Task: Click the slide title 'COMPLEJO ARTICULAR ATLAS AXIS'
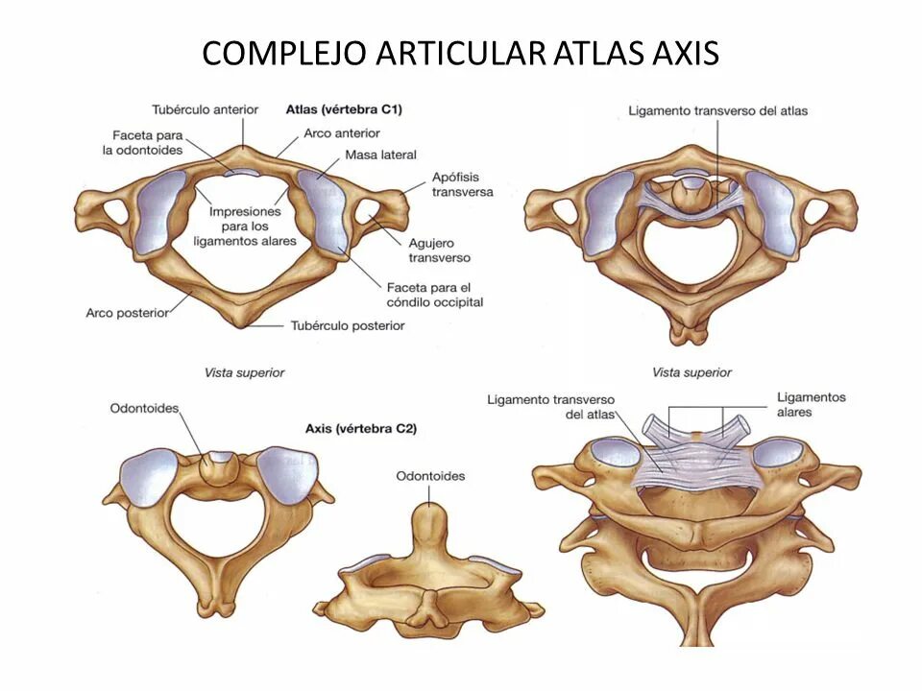click(x=460, y=53)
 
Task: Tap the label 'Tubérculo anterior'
click(x=205, y=109)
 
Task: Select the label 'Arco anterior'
click(x=341, y=133)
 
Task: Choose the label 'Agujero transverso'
click(x=439, y=251)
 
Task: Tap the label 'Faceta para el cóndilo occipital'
click(x=433, y=295)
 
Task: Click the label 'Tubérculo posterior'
click(x=347, y=325)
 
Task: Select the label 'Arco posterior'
click(x=127, y=312)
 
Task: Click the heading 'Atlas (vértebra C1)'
click(x=343, y=109)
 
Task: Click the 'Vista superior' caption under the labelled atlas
click(x=244, y=372)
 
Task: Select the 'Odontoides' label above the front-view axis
click(x=429, y=476)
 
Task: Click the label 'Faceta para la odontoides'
click(x=142, y=143)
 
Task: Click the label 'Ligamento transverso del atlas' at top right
click(x=717, y=110)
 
